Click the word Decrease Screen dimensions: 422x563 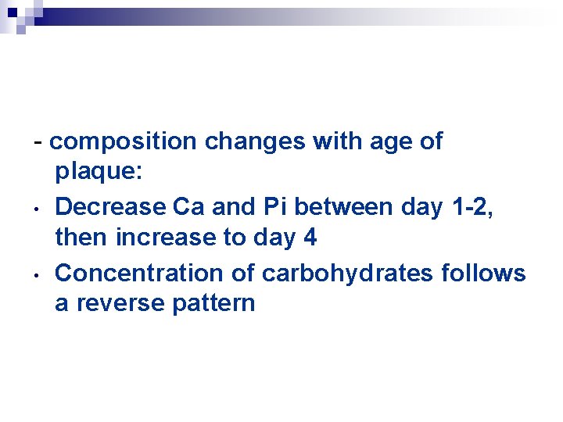(x=109, y=207)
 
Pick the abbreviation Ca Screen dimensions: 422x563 (x=188, y=207)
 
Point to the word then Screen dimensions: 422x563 (x=81, y=238)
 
